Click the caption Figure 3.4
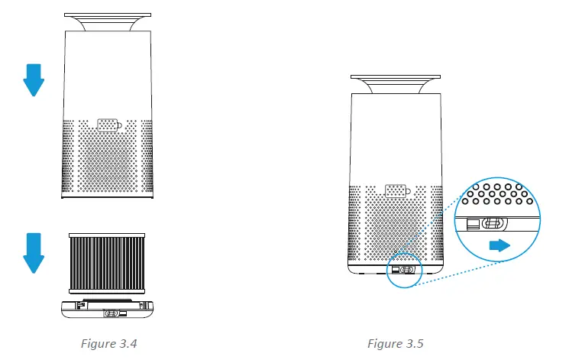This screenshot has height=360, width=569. [x=109, y=343]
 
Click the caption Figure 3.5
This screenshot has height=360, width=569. [x=396, y=343]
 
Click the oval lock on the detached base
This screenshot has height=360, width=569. [x=112, y=313]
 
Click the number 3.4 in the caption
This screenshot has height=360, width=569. [x=128, y=343]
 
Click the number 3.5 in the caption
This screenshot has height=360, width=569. [x=414, y=343]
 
